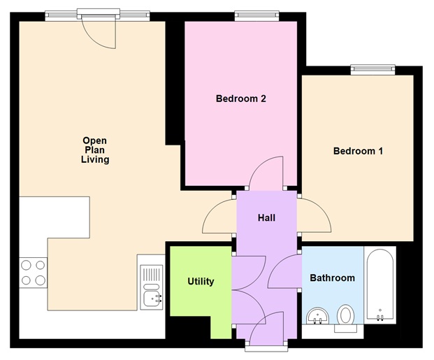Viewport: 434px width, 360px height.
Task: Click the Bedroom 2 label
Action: [x=240, y=99]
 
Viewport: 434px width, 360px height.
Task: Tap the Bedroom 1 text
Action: [x=358, y=151]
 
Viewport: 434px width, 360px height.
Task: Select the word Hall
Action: [x=266, y=218]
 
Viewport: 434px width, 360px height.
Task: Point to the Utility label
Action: [x=201, y=282]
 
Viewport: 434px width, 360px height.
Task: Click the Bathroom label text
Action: [x=332, y=278]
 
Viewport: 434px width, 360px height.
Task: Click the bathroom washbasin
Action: [x=319, y=317]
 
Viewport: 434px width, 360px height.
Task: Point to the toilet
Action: [x=345, y=315]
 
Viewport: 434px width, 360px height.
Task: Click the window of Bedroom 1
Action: [x=373, y=69]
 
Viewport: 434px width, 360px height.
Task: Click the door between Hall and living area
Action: [x=219, y=215]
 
